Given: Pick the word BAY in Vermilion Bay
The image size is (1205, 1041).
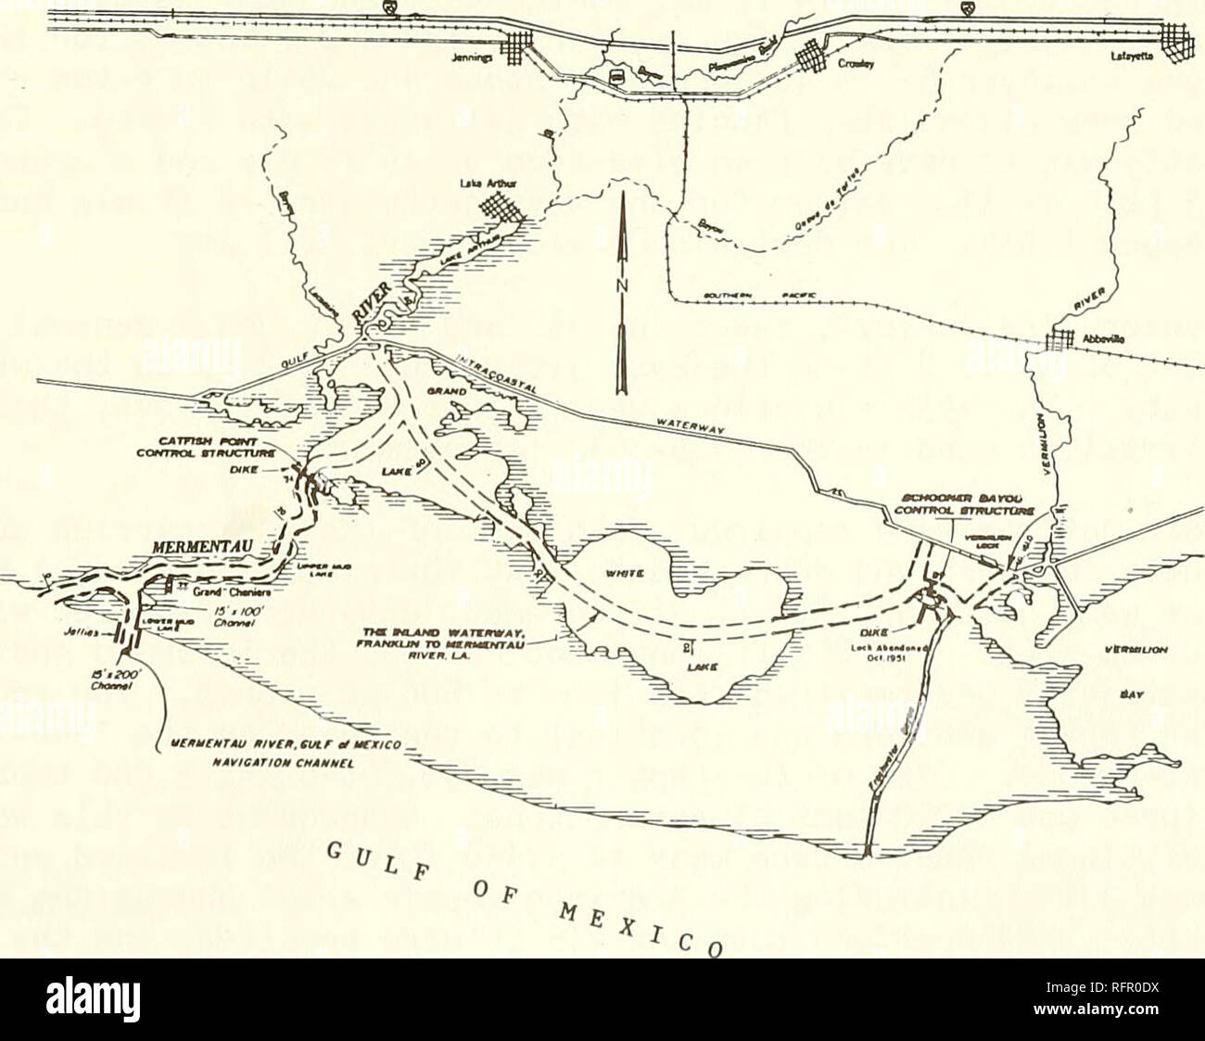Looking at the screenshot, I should tap(1123, 692).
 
